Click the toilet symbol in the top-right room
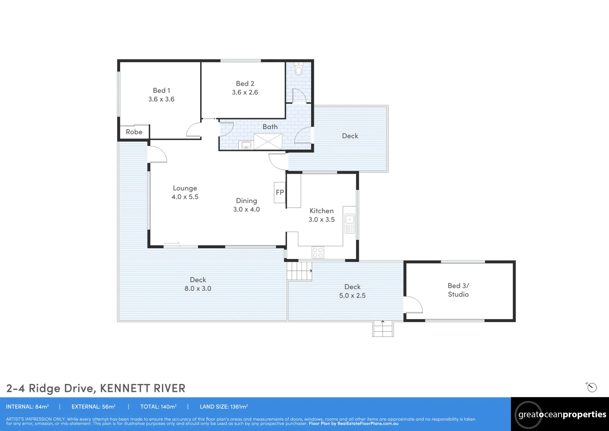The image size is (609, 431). tap(299, 70)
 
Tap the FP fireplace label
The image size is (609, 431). tap(280, 192)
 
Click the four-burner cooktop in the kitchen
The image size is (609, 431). tap(318, 253)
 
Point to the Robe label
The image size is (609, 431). tap(134, 132)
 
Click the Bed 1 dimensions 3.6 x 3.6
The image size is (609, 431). tap(161, 99)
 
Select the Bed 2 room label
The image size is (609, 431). tap(245, 84)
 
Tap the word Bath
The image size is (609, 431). tap(270, 127)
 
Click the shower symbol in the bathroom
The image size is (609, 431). tap(268, 142)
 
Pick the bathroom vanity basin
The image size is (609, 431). tap(246, 145)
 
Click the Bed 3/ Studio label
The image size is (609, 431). tap(458, 290)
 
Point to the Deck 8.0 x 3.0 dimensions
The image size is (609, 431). tap(198, 289)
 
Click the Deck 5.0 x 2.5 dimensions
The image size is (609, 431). tap(352, 296)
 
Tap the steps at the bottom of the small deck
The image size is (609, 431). tap(383, 329)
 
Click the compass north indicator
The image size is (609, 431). tap(591, 387)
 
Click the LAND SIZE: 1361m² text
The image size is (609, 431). tap(224, 407)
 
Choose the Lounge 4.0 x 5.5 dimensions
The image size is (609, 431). tap(185, 197)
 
